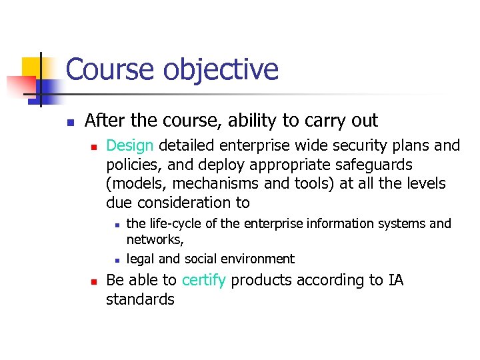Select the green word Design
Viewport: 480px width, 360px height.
(130, 145)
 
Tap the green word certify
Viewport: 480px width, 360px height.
(203, 281)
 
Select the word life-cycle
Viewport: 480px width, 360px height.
(175, 223)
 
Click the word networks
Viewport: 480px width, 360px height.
(154, 239)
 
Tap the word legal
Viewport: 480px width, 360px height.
(141, 259)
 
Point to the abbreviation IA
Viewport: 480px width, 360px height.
(395, 281)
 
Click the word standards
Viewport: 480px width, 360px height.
(140, 299)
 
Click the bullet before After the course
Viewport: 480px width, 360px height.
(69, 122)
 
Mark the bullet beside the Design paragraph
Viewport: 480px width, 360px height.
(94, 146)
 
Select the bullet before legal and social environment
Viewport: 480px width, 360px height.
(116, 260)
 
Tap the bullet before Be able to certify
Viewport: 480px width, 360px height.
(94, 281)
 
